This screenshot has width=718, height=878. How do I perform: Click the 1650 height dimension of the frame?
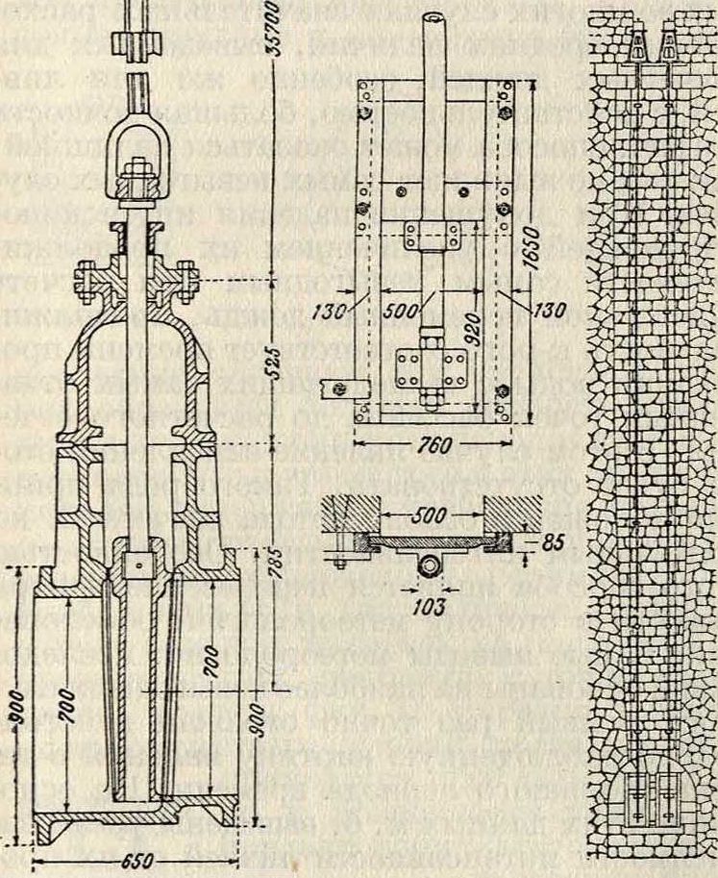[543, 252]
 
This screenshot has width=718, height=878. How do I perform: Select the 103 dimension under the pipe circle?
[428, 606]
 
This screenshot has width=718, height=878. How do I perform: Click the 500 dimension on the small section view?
[428, 514]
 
